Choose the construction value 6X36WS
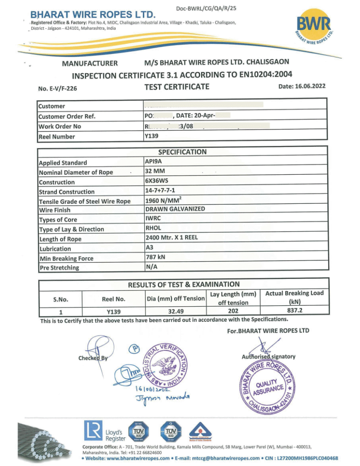pyautogui.click(x=156, y=181)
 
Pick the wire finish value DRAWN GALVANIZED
pyautogui.click(x=175, y=209)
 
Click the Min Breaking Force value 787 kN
pyautogui.click(x=155, y=257)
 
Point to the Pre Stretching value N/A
pyautogui.click(x=151, y=267)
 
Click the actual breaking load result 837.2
pyautogui.click(x=294, y=311)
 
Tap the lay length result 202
pyautogui.click(x=233, y=311)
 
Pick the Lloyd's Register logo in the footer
pyautogui.click(x=104, y=432)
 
